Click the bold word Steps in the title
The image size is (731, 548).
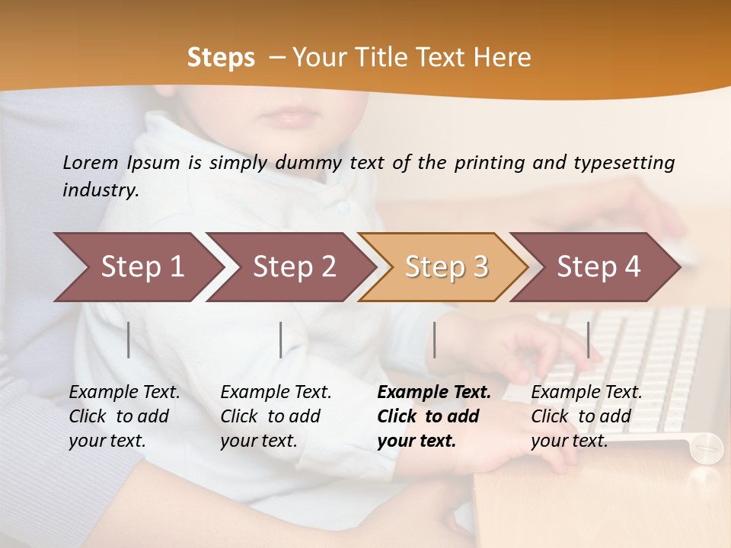click(x=221, y=58)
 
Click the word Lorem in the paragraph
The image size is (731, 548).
click(x=90, y=162)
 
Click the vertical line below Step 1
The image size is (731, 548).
click(x=129, y=339)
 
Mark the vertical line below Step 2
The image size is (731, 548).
click(x=281, y=339)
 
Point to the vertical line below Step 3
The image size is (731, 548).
click(x=435, y=339)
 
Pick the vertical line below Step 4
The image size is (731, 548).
click(x=589, y=339)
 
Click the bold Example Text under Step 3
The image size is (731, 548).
click(x=434, y=393)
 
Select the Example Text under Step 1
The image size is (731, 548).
click(x=124, y=393)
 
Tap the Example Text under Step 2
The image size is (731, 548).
click(x=276, y=393)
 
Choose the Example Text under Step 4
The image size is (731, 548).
click(x=586, y=393)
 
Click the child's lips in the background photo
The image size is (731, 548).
click(x=289, y=117)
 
